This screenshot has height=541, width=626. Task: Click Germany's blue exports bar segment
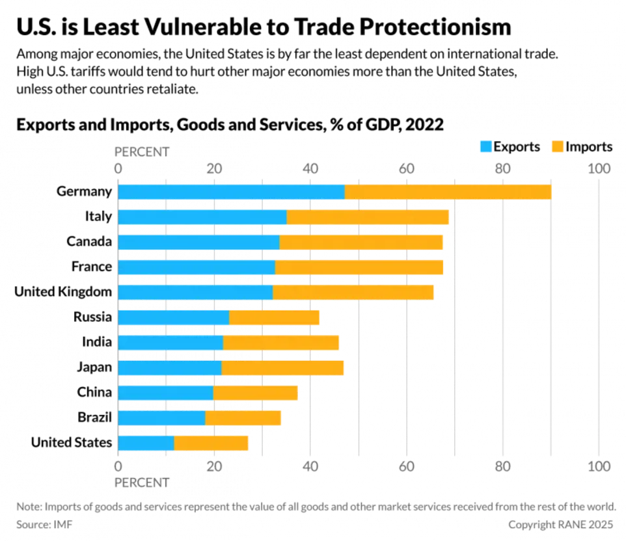tap(231, 192)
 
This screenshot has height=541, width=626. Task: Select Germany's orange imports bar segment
tap(448, 192)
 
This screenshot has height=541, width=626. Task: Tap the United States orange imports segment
tap(211, 443)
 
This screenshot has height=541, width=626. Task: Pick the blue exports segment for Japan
tap(170, 367)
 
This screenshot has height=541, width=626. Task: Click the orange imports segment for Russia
tap(275, 317)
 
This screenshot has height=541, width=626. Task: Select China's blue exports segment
tap(166, 393)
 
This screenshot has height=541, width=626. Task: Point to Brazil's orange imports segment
tap(243, 417)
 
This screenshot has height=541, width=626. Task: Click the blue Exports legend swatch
tap(486, 146)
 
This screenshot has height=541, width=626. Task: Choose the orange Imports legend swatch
tap(558, 146)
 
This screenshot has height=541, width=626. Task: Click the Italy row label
tap(100, 217)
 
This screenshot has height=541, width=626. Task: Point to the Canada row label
tap(90, 241)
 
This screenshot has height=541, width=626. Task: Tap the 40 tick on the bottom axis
tap(310, 466)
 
